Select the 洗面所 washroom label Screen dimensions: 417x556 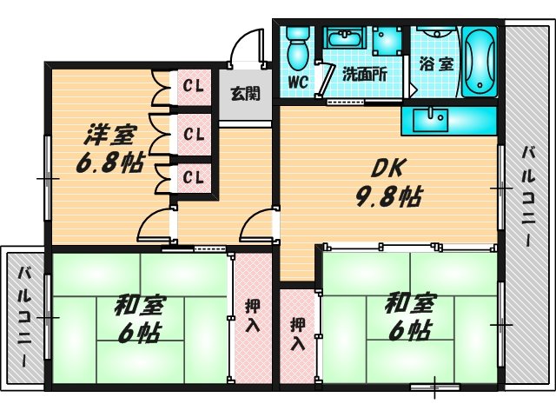tap(364, 75)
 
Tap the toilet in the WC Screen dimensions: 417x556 tap(298, 48)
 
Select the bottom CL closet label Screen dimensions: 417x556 tap(194, 177)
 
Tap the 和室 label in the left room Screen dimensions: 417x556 tap(140, 306)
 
